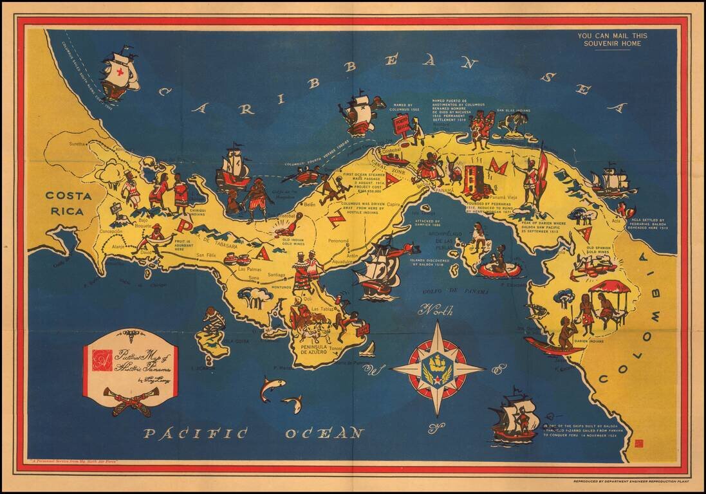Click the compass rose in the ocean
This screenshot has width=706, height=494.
[x=438, y=369]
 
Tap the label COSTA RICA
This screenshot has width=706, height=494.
[x=64, y=203]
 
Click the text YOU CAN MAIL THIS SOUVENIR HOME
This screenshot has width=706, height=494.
[x=612, y=40]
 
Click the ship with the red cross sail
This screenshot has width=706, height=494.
[x=120, y=75]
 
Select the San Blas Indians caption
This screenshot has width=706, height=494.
[x=514, y=111]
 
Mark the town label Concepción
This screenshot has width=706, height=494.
[x=111, y=231]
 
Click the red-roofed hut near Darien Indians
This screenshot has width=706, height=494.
[x=609, y=288]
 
